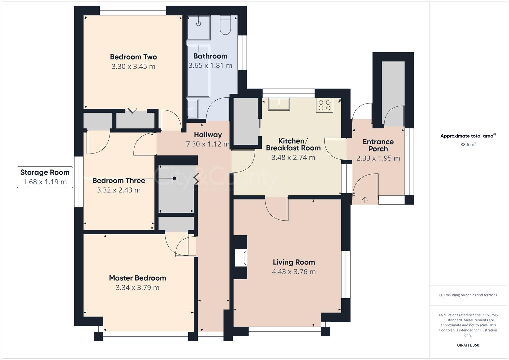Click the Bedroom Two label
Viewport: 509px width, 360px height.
pyautogui.click(x=133, y=57)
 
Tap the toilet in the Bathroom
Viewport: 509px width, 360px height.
pyautogui.click(x=226, y=26)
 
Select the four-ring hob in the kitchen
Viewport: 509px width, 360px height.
pyautogui.click(x=324, y=105)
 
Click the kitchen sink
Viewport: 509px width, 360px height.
pyautogui.click(x=279, y=104)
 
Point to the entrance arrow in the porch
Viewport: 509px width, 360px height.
pyautogui.click(x=365, y=200)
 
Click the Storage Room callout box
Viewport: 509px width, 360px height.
pyautogui.click(x=45, y=177)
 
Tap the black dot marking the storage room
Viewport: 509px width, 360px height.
pyautogui.click(x=174, y=178)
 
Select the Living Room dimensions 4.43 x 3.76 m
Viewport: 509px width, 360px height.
pyautogui.click(x=294, y=272)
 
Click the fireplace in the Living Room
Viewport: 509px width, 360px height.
pyautogui.click(x=241, y=258)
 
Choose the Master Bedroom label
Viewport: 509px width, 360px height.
pyautogui.click(x=137, y=278)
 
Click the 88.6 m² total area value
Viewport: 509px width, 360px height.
pyautogui.click(x=468, y=145)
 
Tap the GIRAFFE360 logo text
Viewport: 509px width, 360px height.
pyautogui.click(x=468, y=345)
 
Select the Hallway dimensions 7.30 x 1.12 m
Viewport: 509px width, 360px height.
pyautogui.click(x=208, y=144)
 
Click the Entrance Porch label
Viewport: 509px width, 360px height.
pyautogui.click(x=378, y=145)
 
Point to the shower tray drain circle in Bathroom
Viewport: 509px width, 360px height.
pyautogui.click(x=199, y=23)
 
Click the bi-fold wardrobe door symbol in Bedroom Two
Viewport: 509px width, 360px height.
pyautogui.click(x=131, y=111)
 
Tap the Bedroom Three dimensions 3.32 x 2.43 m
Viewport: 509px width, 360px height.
pyautogui.click(x=119, y=190)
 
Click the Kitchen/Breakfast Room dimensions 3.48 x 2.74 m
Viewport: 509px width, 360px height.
pyautogui.click(x=293, y=157)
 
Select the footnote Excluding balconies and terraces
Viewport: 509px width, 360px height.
pyautogui.click(x=468, y=295)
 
